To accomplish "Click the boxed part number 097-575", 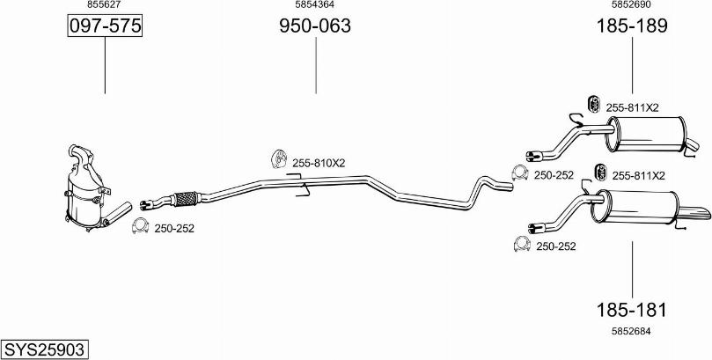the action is point(105,26).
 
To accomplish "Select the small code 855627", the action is point(105,4).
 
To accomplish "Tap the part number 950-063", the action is point(315,26).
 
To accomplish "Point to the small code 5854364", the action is point(315,4).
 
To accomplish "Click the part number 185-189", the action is point(632,26).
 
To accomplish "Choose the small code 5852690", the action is point(632,4).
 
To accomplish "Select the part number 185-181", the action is point(632,310).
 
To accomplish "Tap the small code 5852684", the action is point(632,332).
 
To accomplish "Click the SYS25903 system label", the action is point(45,349).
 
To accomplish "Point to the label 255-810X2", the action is point(319,163).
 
